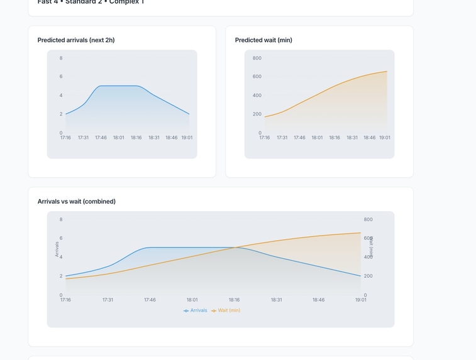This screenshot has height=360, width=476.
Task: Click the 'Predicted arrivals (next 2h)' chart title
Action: point(76,40)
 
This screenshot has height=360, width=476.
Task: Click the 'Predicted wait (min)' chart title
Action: point(263,40)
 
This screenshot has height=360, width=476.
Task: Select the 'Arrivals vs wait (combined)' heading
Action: point(77,202)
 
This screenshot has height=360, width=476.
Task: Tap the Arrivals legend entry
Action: point(196,310)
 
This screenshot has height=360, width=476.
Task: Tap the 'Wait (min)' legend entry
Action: point(226,310)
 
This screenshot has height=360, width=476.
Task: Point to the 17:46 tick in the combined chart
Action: point(150,300)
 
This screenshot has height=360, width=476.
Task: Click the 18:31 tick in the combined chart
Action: point(276,300)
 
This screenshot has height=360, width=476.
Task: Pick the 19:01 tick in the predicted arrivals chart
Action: point(187,138)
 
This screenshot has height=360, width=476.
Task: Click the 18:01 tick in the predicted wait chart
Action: point(317,138)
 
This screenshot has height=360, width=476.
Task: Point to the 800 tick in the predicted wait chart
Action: point(257,58)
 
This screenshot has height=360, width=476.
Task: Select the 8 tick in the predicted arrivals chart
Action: point(61,58)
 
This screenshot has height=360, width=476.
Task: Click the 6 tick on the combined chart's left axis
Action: point(61,238)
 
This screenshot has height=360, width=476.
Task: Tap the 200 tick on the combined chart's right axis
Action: point(368,276)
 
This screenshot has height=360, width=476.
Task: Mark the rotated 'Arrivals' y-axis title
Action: point(57,249)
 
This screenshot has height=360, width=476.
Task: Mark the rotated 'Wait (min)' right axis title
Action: point(372,248)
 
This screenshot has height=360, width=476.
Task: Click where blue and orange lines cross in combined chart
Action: point(235,248)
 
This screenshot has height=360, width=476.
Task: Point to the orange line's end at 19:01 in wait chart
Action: point(387,71)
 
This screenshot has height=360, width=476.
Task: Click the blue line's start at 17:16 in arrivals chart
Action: point(66,114)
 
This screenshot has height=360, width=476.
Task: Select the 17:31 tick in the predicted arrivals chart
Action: point(83,138)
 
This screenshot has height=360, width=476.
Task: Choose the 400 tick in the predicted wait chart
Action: point(257,95)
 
